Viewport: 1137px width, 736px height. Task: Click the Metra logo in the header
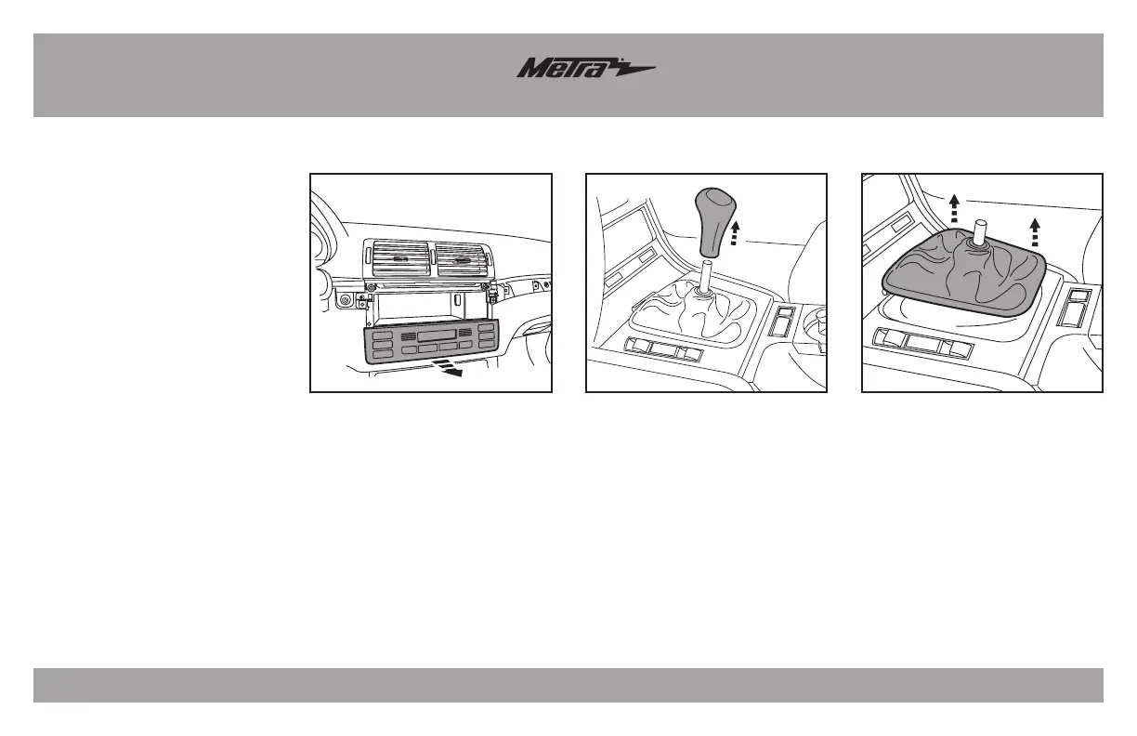(x=585, y=70)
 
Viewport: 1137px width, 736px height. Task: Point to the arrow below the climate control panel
(x=449, y=372)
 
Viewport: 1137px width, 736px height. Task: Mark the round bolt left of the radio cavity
(x=346, y=301)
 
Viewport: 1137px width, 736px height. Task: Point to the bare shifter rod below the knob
(x=709, y=277)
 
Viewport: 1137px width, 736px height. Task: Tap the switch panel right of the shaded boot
(x=1080, y=307)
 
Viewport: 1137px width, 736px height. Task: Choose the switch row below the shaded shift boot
(x=923, y=344)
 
